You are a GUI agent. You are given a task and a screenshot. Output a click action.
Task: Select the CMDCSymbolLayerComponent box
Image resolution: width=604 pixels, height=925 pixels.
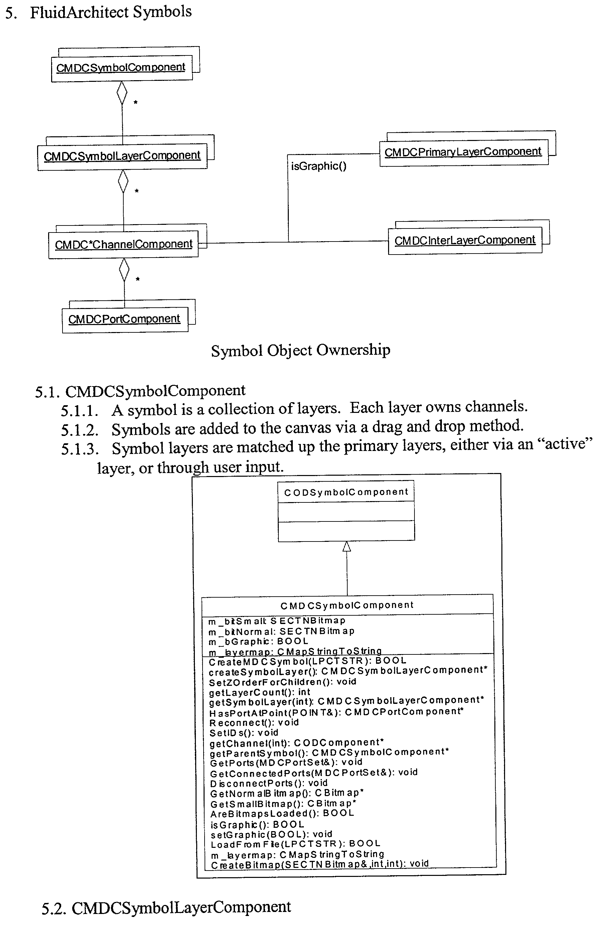click(x=122, y=156)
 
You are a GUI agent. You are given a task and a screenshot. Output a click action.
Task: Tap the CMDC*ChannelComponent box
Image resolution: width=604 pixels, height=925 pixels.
click(x=123, y=244)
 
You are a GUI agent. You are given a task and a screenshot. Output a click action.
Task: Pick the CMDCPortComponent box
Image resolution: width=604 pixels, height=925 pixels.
click(x=124, y=319)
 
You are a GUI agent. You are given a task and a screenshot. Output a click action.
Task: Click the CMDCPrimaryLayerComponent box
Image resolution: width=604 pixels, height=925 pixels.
click(x=463, y=152)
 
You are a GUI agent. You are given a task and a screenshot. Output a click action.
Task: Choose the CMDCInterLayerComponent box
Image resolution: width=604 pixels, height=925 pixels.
click(x=465, y=241)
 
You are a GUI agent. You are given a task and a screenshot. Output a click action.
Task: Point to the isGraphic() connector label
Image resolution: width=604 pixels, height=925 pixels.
click(x=319, y=166)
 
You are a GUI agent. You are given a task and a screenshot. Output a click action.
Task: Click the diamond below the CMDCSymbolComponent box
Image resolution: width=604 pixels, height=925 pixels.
click(x=122, y=93)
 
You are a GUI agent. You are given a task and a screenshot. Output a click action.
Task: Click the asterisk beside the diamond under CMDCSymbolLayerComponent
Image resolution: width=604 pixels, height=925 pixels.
click(x=136, y=191)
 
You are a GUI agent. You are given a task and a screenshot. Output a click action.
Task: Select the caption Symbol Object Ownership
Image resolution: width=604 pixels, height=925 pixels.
click(x=300, y=350)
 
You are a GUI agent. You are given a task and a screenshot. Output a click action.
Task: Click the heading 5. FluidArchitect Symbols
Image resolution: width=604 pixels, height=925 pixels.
click(x=98, y=12)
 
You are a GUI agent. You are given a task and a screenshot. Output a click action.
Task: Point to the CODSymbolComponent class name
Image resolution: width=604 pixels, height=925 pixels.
click(x=346, y=492)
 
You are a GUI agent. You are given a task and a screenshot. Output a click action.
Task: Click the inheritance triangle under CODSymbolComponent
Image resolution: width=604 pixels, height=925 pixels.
click(x=347, y=547)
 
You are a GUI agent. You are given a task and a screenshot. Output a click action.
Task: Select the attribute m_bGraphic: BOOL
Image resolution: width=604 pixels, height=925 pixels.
click(x=258, y=641)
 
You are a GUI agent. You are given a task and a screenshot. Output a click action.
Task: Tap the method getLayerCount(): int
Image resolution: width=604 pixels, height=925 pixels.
click(x=259, y=692)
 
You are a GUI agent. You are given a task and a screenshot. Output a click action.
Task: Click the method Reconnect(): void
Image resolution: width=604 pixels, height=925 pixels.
click(x=254, y=723)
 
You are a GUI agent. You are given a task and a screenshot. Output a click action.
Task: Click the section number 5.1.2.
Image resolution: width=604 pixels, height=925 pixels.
click(x=79, y=430)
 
